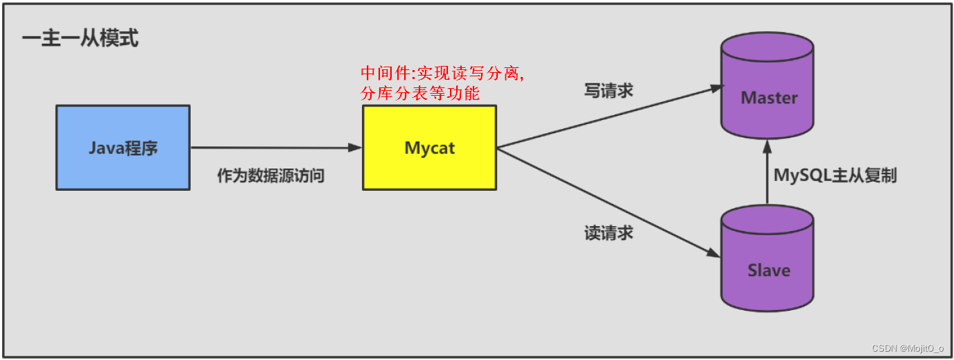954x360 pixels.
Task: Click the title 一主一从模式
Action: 80,39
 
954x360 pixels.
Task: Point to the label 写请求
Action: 609,91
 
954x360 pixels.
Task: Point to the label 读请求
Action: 609,233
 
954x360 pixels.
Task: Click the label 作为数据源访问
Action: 270,176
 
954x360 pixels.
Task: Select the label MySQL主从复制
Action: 835,175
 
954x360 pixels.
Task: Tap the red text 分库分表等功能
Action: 420,93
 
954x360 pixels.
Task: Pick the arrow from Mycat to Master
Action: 610,117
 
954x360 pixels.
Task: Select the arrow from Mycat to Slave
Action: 610,201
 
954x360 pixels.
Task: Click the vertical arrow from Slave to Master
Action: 767,173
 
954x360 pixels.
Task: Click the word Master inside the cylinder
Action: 769,98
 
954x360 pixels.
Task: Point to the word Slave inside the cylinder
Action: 768,270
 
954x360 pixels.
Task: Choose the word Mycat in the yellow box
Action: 430,148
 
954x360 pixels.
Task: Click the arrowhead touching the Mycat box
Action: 356,147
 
